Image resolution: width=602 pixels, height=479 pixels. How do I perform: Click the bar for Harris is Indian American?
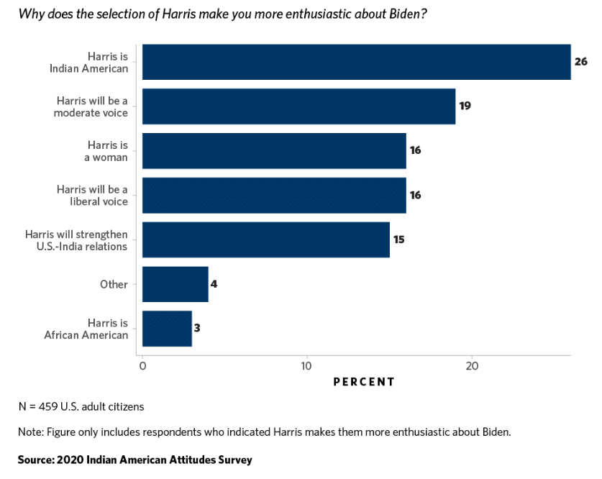tap(356, 62)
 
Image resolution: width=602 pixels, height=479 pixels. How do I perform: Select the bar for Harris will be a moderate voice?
tap(298, 106)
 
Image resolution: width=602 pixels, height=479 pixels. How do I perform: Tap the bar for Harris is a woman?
tap(274, 151)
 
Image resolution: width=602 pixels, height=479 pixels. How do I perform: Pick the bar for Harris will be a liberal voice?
tap(274, 196)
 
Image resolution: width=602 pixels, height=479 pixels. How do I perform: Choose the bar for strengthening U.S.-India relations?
tap(266, 240)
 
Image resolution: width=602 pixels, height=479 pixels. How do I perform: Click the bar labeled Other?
tap(175, 284)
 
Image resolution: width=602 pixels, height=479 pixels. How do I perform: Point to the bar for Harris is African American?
tap(167, 329)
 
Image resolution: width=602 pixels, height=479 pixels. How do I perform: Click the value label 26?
tap(581, 62)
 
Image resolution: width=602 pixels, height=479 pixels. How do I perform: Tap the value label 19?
tap(465, 106)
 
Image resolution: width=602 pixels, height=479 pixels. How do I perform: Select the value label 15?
tap(399, 240)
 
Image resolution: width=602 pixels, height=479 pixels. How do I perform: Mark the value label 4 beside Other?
tap(214, 284)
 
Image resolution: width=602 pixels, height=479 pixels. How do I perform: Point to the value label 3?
tap(197, 329)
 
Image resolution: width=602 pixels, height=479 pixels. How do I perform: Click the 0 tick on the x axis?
tap(142, 366)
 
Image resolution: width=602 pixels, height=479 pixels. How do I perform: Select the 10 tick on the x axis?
tap(307, 366)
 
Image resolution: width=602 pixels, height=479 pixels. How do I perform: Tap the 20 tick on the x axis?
tap(472, 366)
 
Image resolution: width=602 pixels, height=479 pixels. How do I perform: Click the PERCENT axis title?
tap(364, 382)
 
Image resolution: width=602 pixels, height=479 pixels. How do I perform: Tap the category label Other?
tap(114, 284)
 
